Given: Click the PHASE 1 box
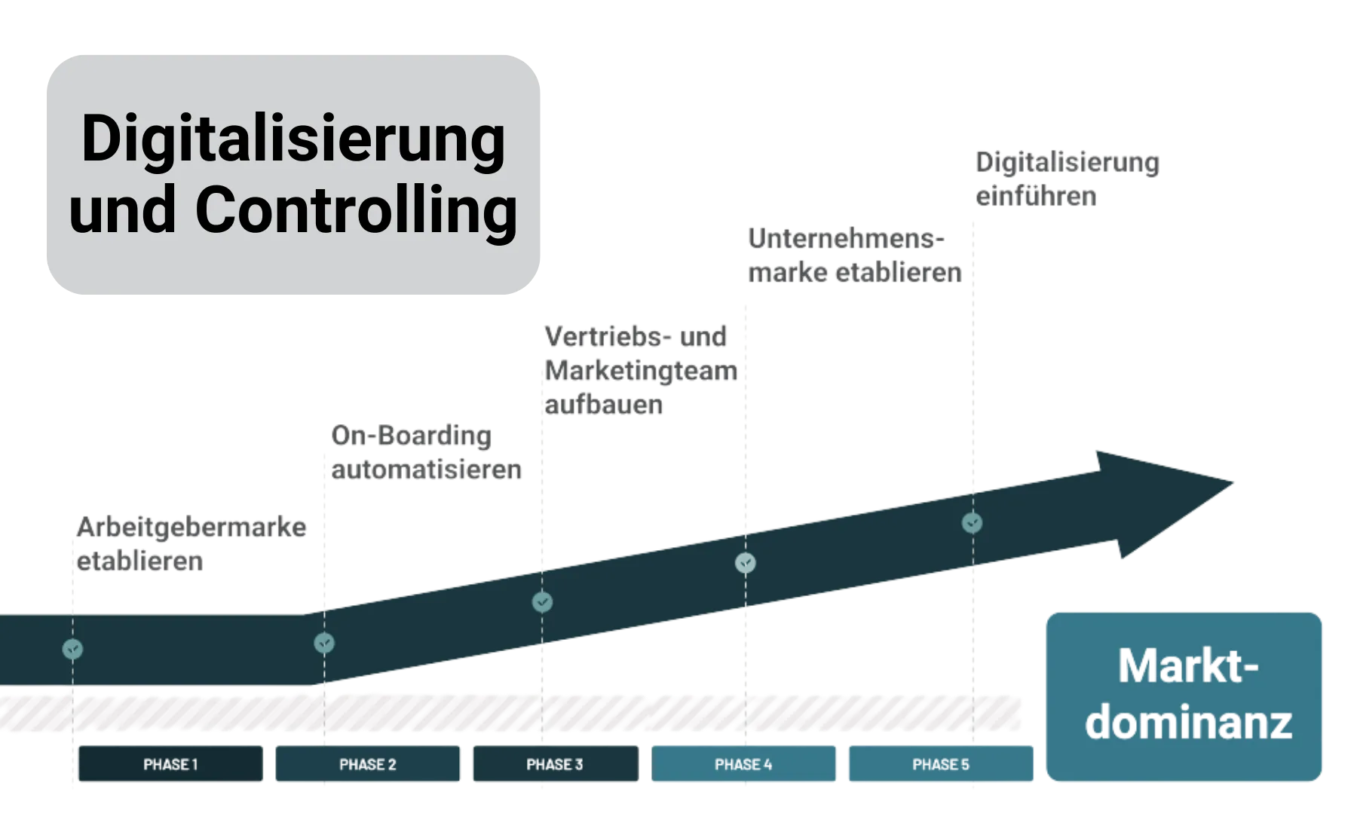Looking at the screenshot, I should pos(171,764).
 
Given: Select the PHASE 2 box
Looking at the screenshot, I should pos(367,764).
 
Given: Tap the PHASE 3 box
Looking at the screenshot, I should pos(555,764).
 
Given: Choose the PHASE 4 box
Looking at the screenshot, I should pos(743,764).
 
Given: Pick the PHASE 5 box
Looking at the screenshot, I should pos(941,764).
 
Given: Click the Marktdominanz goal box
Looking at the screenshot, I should pos(1185,695).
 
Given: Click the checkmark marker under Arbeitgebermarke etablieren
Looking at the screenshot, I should pos(72,648).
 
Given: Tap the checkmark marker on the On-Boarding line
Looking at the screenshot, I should pos(324,643).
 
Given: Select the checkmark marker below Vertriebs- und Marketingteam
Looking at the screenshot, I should pos(542,602).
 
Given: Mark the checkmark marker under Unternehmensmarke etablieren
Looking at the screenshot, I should pos(746,562).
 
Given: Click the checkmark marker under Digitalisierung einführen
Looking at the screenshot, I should pos(973,522).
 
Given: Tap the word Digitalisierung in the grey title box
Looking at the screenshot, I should pos(293,139).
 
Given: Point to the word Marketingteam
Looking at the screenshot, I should pos(641,371).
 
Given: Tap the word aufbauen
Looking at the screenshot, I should pos(603,405).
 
